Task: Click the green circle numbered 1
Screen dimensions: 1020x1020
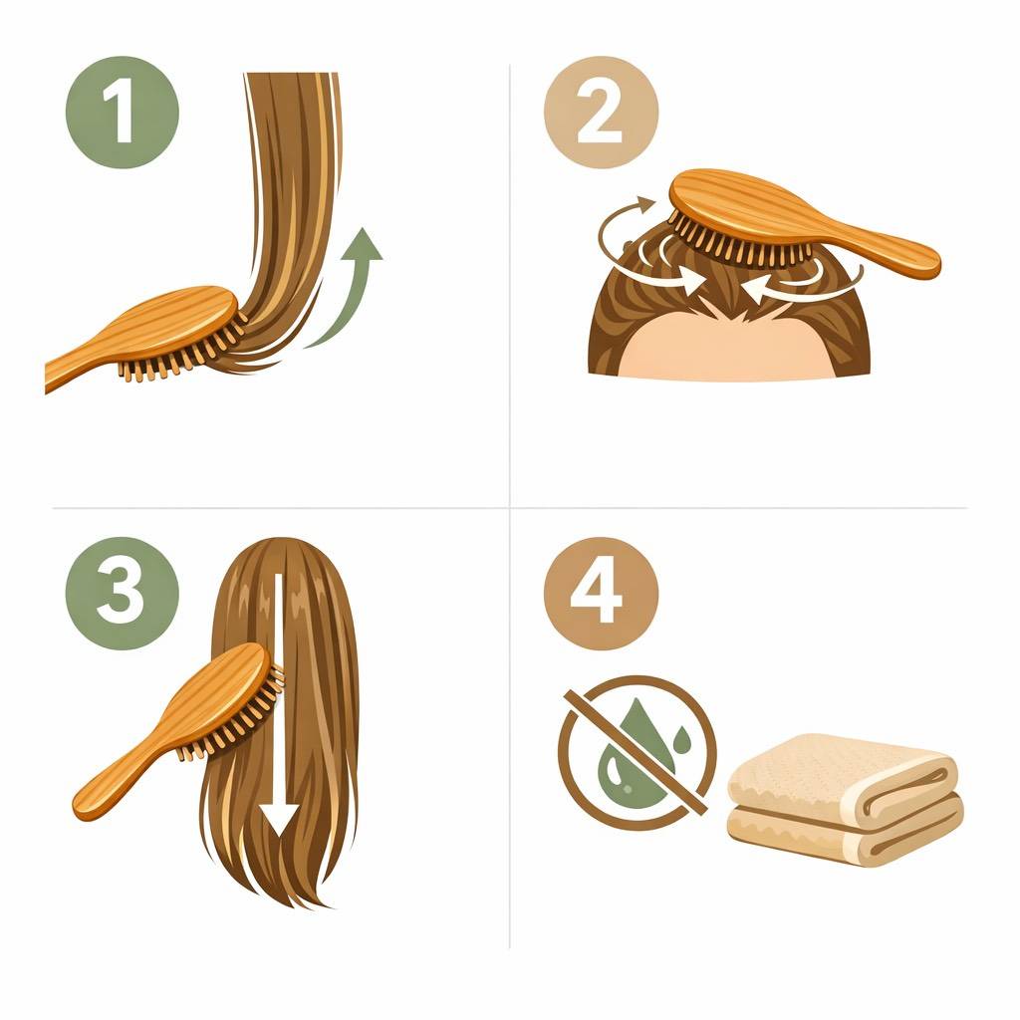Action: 123,113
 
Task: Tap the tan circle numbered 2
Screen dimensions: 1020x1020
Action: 601,113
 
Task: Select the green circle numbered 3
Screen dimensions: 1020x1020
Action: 123,593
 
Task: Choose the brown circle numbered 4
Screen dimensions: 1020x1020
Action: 601,593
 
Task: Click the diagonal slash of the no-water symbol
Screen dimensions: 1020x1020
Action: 635,751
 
